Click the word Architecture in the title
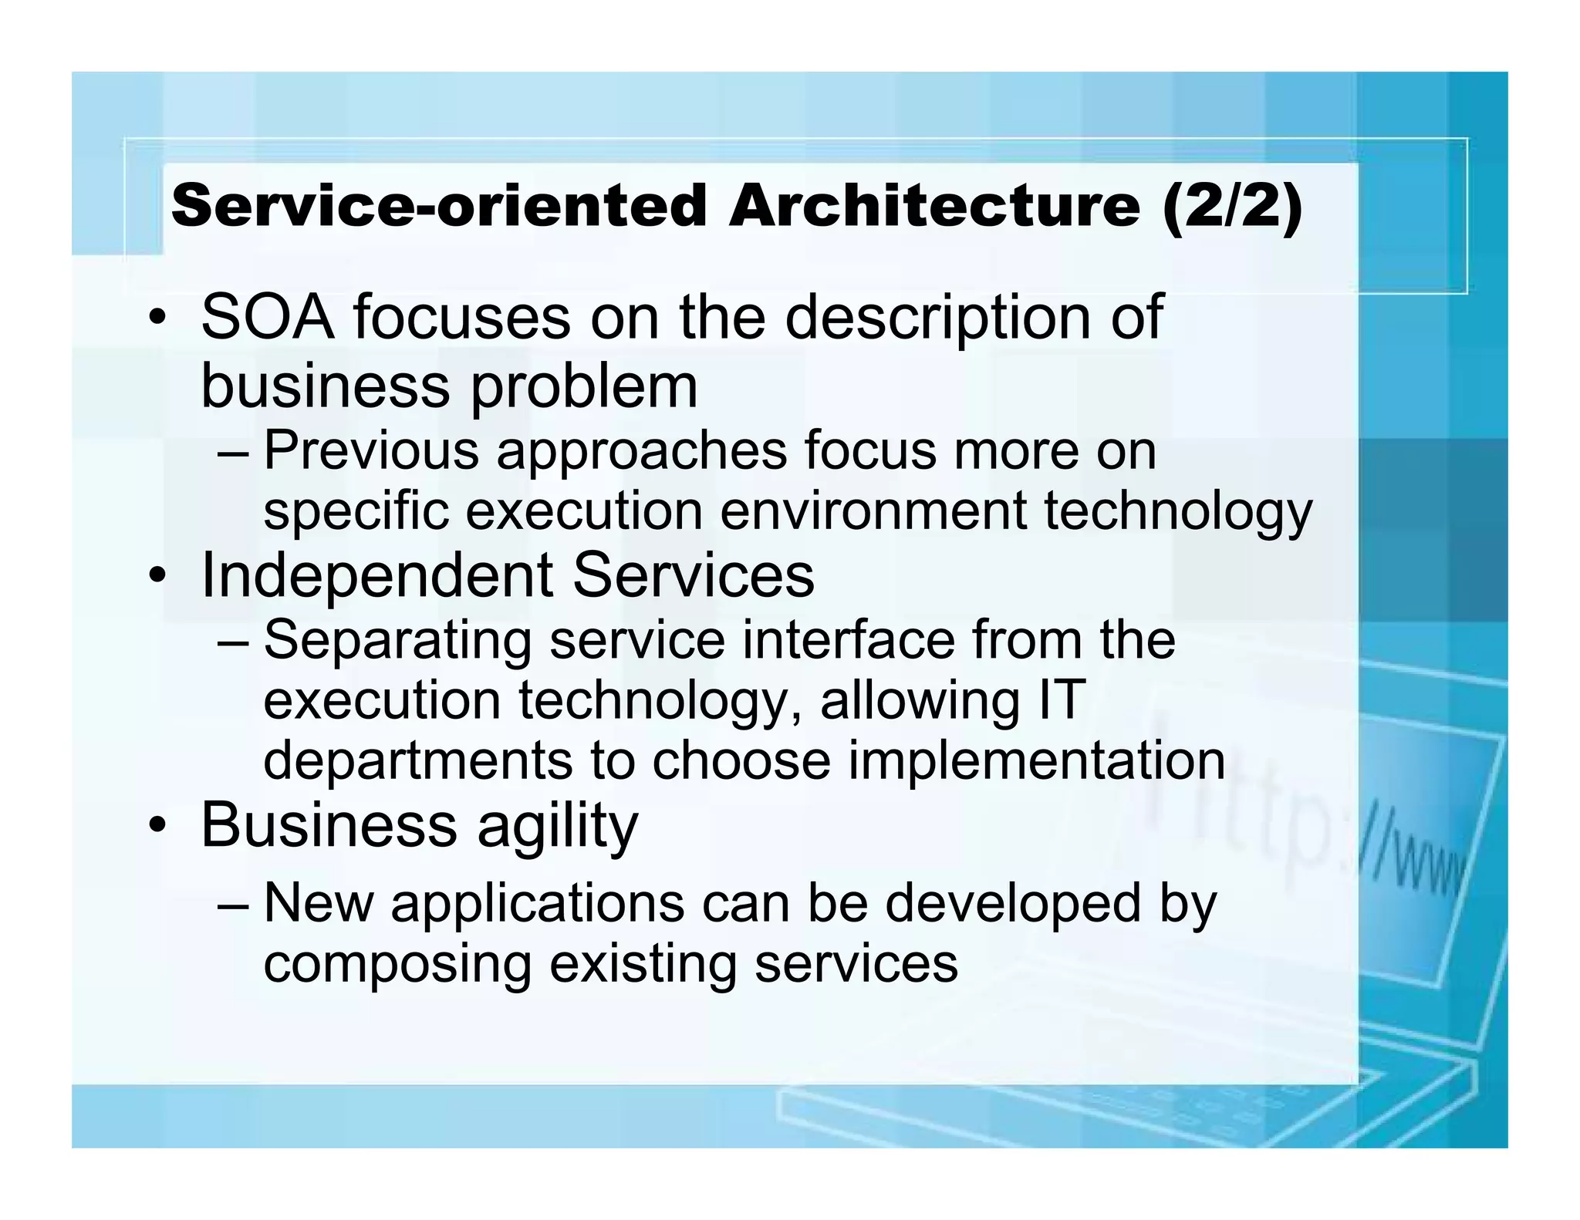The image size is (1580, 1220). [x=933, y=207]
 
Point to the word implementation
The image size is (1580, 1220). [x=1036, y=761]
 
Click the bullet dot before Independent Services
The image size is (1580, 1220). [x=158, y=577]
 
